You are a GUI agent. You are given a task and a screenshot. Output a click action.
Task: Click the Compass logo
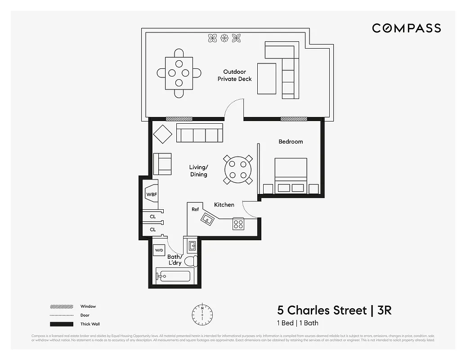(x=406, y=28)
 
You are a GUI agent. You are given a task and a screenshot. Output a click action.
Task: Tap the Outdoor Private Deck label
(x=234, y=75)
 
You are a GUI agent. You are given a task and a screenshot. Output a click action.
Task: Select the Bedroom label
(x=291, y=142)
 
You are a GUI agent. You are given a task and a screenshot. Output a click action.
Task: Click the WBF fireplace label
(x=151, y=194)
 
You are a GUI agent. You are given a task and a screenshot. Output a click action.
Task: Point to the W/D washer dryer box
(x=159, y=250)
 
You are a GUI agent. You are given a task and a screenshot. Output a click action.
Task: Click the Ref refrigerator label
(x=195, y=209)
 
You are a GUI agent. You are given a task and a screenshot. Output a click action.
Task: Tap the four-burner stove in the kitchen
(x=238, y=224)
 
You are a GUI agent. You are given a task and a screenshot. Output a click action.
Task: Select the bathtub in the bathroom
(x=173, y=275)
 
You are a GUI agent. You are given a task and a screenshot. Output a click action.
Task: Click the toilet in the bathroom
(x=191, y=261)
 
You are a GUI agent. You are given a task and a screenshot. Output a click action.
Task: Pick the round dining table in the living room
(x=238, y=170)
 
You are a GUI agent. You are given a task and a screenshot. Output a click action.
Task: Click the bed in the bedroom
(x=291, y=175)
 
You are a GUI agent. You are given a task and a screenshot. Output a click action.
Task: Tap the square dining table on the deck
(x=179, y=72)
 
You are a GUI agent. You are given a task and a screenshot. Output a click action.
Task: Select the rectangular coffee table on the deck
(x=267, y=78)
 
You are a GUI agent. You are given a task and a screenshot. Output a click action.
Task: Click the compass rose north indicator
(x=202, y=312)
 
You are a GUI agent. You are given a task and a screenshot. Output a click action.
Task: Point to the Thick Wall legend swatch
(x=62, y=324)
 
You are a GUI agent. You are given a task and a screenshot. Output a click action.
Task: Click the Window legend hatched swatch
(x=62, y=306)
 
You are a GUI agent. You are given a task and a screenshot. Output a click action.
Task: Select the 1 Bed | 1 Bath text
(x=297, y=323)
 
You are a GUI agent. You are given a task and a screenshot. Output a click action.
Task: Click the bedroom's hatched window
(x=294, y=119)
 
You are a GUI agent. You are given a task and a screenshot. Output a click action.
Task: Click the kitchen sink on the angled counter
(x=208, y=219)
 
